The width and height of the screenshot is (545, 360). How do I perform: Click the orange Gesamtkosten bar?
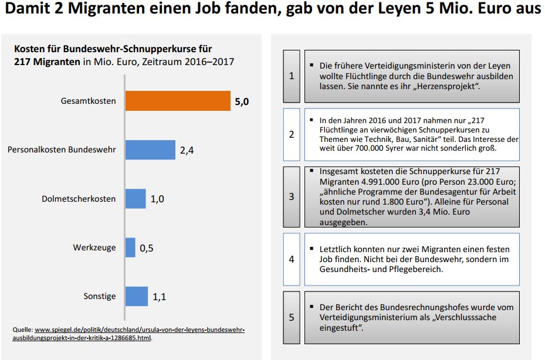click(x=178, y=101)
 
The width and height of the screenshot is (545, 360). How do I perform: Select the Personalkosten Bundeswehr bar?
click(x=150, y=150)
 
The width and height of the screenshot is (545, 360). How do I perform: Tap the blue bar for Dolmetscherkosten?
click(x=136, y=199)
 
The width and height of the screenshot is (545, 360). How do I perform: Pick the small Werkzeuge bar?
click(x=130, y=247)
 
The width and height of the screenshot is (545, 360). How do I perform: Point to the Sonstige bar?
click(x=137, y=296)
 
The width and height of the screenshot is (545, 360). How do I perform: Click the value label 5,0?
click(x=242, y=101)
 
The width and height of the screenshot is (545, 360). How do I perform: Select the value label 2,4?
click(x=187, y=150)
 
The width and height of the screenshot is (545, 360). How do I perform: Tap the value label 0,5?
click(x=146, y=248)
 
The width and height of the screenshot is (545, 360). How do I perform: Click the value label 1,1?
click(x=159, y=297)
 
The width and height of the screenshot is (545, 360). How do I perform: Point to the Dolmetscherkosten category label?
click(x=79, y=199)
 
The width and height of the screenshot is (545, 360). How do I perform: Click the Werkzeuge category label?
click(x=94, y=247)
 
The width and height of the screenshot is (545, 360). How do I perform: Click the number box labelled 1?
click(x=292, y=76)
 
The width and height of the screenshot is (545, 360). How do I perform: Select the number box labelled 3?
click(x=292, y=196)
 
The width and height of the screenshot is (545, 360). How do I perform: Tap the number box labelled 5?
click(x=292, y=317)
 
